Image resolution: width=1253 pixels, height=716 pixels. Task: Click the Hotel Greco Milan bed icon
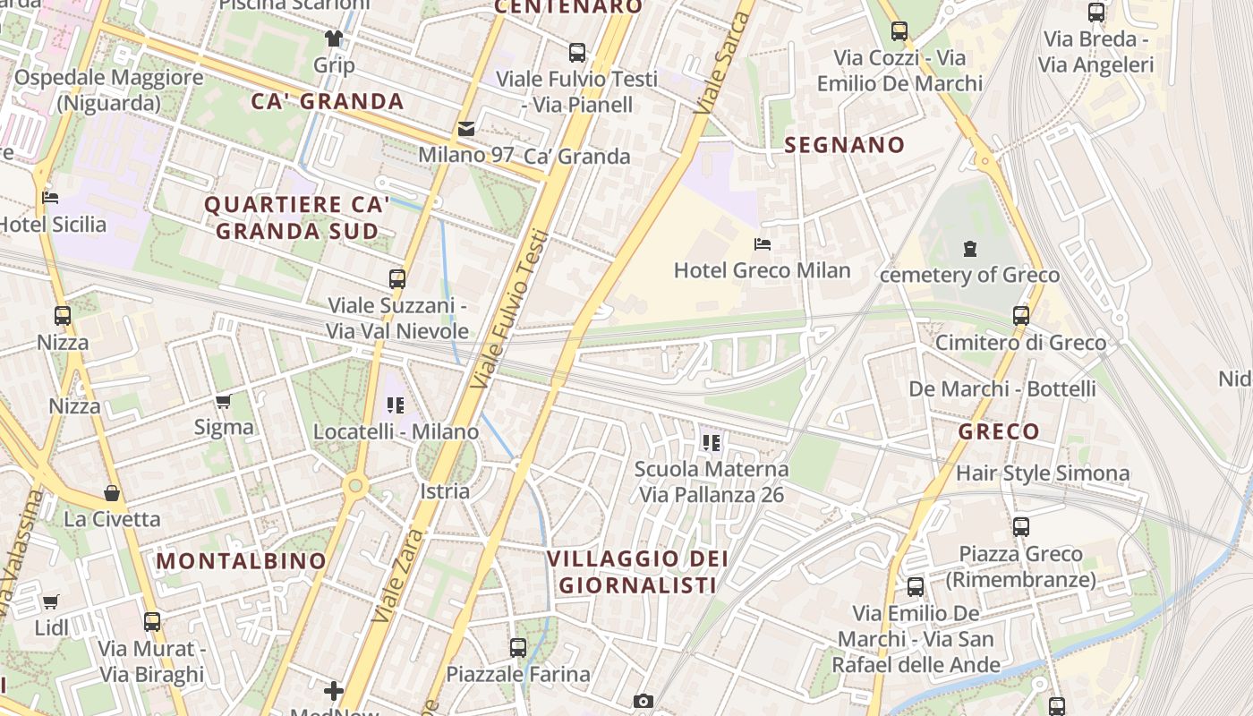(763, 243)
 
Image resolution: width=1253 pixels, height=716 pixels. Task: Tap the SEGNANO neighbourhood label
(844, 145)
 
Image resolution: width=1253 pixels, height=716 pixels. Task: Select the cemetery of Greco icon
(970, 248)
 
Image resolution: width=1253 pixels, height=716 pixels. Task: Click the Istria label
(445, 491)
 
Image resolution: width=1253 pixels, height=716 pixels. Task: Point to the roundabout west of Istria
(355, 485)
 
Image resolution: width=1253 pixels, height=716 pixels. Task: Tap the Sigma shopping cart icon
(224, 401)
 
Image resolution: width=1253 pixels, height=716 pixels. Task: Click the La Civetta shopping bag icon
(112, 493)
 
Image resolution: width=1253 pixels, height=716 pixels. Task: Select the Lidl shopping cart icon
(51, 601)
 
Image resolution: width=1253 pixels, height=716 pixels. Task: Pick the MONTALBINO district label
(242, 561)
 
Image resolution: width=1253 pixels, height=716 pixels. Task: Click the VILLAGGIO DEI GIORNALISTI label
(636, 572)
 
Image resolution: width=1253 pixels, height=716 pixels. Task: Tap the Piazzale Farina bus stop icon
(518, 647)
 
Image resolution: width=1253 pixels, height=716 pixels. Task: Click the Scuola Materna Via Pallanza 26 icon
(712, 442)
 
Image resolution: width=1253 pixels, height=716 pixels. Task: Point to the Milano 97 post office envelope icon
(466, 129)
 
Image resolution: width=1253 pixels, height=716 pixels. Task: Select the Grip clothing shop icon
(334, 38)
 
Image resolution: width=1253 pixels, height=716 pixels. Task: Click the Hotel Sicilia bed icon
(51, 197)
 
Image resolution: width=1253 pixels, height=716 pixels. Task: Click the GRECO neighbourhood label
(999, 431)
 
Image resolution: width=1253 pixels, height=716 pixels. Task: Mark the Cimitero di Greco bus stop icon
(1021, 315)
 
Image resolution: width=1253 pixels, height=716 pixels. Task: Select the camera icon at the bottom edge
(643, 701)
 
